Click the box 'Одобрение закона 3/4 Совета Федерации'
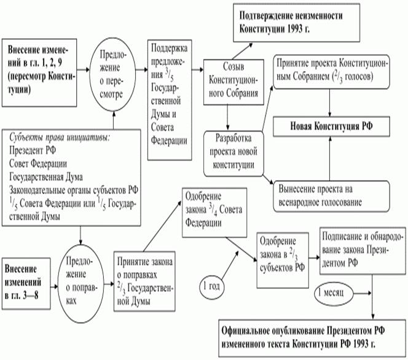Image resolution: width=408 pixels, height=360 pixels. (209, 212)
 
